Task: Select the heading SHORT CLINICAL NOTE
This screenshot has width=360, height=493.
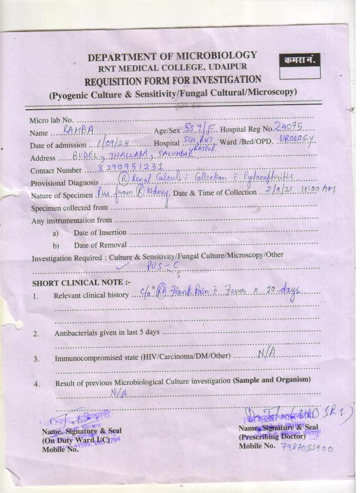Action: coord(81,283)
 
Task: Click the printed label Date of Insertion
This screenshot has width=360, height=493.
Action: coord(100,232)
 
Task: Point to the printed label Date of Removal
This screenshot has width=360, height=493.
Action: coord(100,245)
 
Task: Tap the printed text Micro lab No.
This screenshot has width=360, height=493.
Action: coord(52,120)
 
